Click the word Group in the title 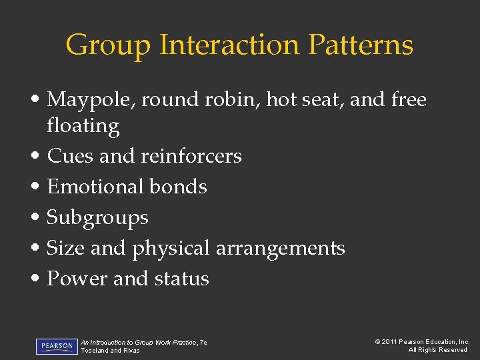(x=108, y=45)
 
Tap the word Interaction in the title (x=229, y=45)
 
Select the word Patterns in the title (x=361, y=45)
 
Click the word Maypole (x=90, y=100)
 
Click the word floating (x=83, y=126)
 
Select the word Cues (x=70, y=156)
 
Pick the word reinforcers (x=191, y=156)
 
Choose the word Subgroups (x=98, y=218)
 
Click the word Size (x=66, y=248)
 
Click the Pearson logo (x=57, y=346)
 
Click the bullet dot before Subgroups (x=39, y=218)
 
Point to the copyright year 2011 (x=390, y=342)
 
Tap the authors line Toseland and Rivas (x=110, y=351)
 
